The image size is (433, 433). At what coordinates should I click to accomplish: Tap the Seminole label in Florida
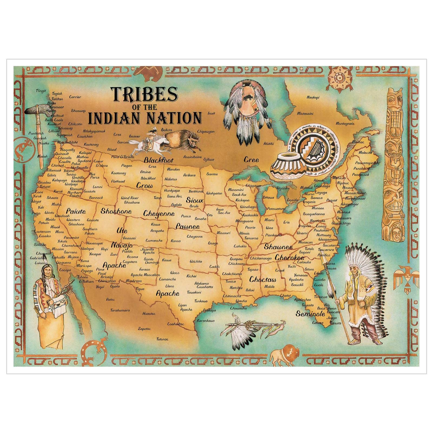310,314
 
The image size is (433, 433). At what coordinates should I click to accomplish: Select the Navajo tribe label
122,245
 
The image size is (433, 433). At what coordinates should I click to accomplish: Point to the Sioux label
194,200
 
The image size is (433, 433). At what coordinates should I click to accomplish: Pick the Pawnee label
188,227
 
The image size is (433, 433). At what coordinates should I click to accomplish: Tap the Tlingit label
41,91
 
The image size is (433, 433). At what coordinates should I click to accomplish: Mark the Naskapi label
313,97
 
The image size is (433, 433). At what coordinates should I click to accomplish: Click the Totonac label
162,339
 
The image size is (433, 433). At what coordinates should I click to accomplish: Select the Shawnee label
278,247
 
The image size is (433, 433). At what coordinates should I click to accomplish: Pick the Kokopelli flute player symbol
24,147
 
